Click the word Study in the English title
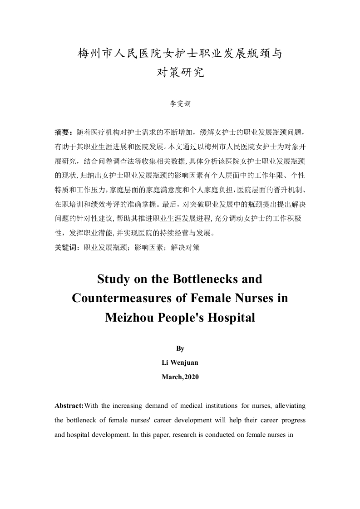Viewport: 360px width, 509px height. click(113, 279)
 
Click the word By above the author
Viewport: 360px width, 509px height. click(180, 348)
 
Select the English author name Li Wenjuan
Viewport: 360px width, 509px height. click(180, 362)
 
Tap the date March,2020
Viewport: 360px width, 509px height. click(180, 377)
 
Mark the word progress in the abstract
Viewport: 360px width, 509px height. click(292, 420)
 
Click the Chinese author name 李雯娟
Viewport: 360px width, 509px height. click(180, 104)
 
